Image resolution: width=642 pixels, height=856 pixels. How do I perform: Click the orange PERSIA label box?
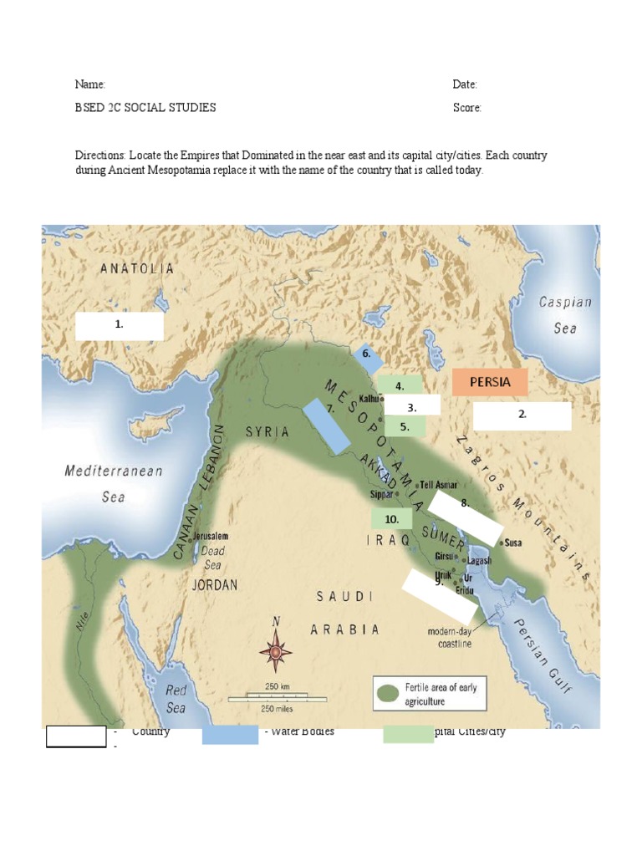coord(490,382)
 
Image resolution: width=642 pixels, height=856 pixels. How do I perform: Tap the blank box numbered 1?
coord(120,326)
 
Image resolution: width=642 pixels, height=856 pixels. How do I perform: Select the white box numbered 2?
coord(522,415)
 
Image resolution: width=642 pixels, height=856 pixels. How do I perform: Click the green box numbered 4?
coord(400,385)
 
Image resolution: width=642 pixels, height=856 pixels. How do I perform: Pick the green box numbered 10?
coord(391,519)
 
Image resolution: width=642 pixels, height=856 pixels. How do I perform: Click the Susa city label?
coord(512,543)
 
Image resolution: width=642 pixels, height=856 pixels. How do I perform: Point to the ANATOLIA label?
coord(137,269)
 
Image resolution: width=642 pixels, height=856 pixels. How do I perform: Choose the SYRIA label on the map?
coord(267,432)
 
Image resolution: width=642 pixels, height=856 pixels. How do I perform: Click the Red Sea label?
coord(176,699)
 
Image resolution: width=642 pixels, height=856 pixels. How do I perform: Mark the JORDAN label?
coord(215,585)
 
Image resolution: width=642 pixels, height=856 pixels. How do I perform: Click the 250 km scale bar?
coord(277,693)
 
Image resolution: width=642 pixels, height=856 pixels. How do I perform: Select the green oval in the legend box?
coord(387,693)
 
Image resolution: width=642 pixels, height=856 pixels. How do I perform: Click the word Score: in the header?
coord(467,108)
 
